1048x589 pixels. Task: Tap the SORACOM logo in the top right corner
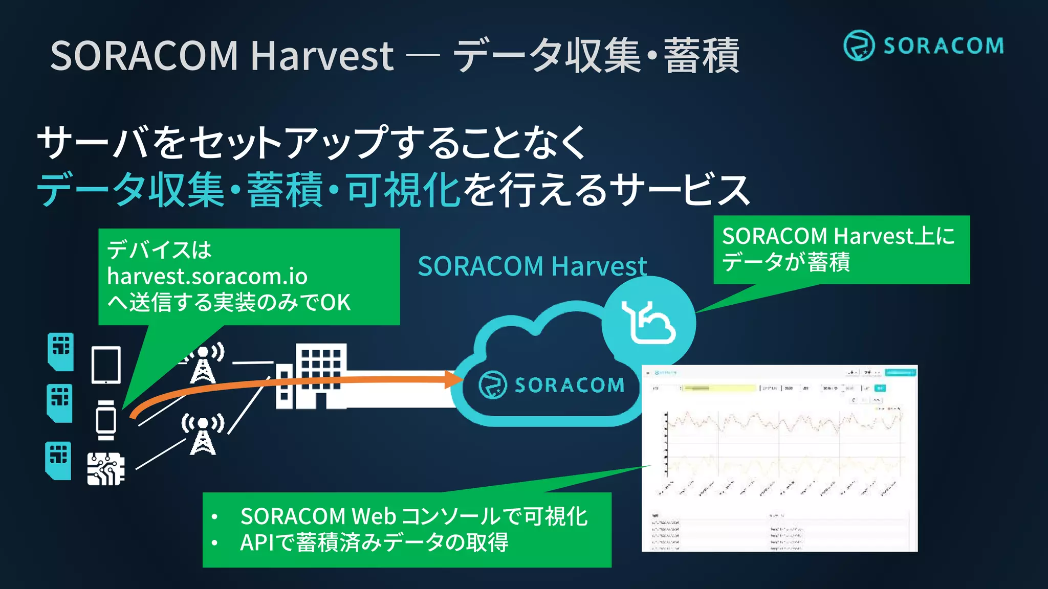coord(923,46)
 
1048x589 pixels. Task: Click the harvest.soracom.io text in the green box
coord(207,277)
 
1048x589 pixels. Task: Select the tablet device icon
coord(106,365)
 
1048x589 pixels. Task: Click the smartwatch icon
coord(106,420)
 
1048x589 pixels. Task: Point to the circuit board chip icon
coord(105,468)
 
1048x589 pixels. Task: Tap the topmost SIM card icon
coord(61,351)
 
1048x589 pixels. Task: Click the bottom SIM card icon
coord(58,461)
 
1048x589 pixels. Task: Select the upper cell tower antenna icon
coord(204,364)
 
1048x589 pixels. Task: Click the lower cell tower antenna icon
coord(203,434)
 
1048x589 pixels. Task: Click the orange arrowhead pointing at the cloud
coord(453,379)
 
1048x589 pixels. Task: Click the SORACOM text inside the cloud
coord(569,385)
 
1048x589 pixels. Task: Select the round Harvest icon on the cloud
coord(648,323)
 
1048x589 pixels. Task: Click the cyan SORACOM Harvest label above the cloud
coord(532,266)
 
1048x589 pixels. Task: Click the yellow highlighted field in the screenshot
coord(719,389)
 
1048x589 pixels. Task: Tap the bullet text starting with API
coord(374,542)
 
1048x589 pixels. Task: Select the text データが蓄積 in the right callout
coord(786,262)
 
